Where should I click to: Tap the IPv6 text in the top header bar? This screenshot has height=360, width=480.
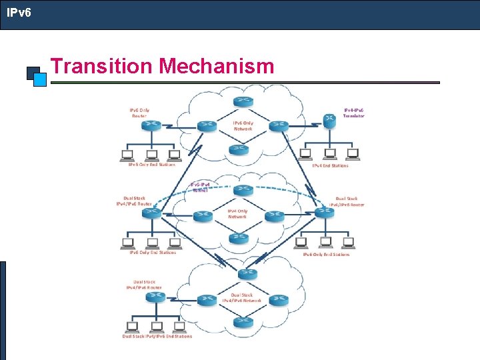[x=19, y=12]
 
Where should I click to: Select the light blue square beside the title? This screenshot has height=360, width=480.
[x=40, y=79]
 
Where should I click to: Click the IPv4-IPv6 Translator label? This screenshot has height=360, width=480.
[x=353, y=113]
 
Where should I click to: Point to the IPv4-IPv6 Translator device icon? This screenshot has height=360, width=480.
[x=329, y=120]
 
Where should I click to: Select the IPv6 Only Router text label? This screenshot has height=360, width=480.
[x=139, y=113]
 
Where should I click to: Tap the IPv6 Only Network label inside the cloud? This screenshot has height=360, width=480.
[x=243, y=125]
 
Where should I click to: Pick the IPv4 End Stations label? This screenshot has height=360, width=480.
[x=330, y=166]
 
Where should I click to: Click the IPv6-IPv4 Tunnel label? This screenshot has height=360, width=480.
[x=201, y=187]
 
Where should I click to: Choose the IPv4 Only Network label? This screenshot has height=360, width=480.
[x=237, y=213]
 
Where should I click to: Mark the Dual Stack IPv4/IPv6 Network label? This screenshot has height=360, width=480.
[x=241, y=297]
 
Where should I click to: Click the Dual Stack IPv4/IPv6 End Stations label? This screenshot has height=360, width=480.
[x=157, y=337]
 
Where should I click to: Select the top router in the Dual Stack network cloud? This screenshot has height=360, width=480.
[x=247, y=273]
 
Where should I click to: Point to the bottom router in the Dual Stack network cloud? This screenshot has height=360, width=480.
[x=243, y=322]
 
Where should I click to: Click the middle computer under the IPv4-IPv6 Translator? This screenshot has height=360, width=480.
[x=329, y=154]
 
